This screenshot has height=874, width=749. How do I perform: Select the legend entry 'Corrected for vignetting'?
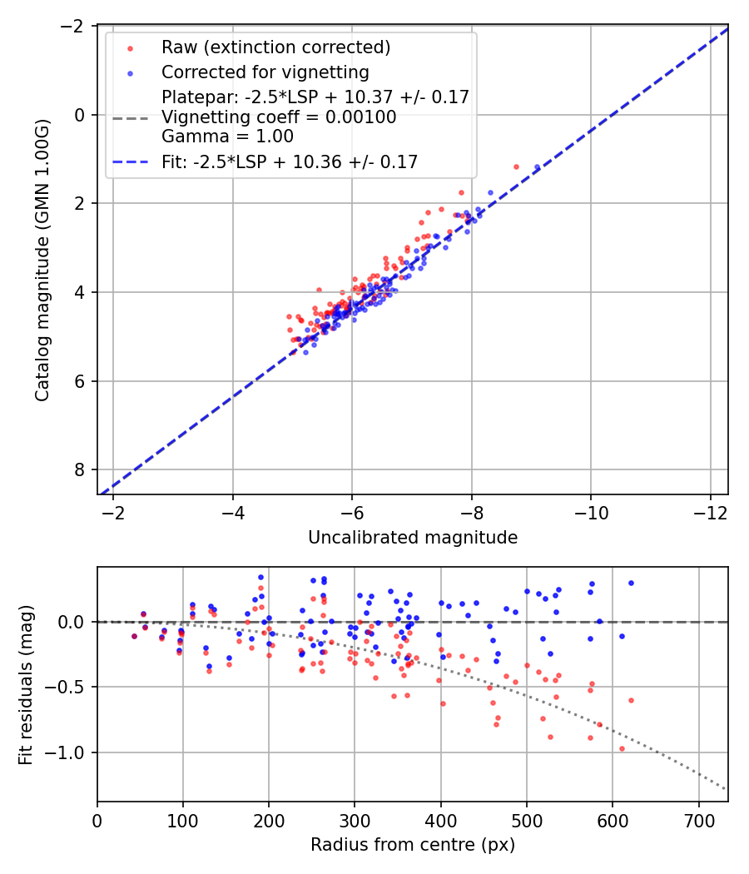(265, 72)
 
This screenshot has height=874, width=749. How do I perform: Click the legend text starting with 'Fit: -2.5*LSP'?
(290, 162)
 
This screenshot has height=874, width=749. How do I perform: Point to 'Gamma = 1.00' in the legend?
(227, 137)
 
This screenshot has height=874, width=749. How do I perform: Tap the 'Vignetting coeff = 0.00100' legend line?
(279, 117)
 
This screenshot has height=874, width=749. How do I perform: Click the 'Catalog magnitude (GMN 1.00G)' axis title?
(42, 260)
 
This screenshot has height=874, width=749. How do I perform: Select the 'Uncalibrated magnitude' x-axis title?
(413, 538)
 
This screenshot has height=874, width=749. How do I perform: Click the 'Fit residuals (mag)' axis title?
(26, 683)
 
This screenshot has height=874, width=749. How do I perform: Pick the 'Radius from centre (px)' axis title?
(413, 845)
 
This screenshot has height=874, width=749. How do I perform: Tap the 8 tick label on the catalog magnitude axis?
(81, 470)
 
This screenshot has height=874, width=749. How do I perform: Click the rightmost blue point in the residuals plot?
(631, 583)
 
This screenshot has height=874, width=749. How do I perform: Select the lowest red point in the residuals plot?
(622, 748)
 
